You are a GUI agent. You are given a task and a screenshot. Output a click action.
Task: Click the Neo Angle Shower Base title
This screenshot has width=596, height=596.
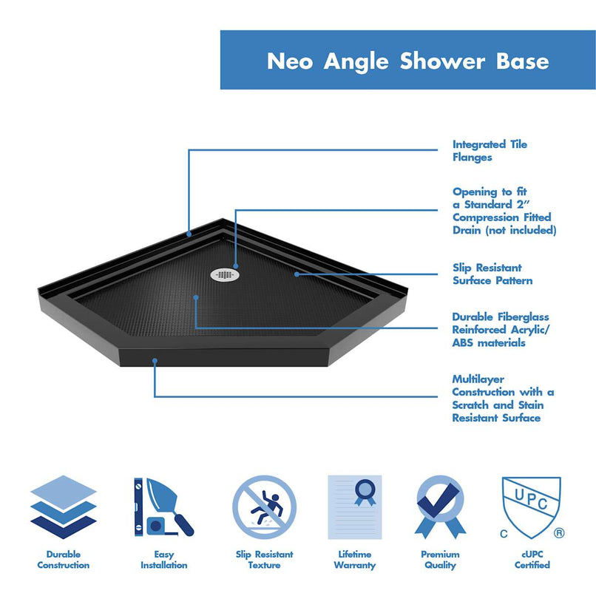[407, 61]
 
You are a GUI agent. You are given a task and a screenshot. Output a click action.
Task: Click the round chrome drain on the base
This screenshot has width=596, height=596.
[227, 274]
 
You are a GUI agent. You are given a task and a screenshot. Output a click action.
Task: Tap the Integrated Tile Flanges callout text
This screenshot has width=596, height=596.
[490, 151]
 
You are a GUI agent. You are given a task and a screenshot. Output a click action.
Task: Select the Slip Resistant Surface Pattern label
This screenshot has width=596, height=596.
[492, 274]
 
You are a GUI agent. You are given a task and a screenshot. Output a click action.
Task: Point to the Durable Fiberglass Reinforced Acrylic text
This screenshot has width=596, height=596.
[501, 330]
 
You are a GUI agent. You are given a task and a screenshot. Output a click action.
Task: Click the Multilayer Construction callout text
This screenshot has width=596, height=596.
[503, 399]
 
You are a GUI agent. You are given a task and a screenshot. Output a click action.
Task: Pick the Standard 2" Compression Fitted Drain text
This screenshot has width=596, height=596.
[504, 211]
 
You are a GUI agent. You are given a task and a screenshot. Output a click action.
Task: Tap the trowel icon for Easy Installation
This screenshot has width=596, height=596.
[163, 508]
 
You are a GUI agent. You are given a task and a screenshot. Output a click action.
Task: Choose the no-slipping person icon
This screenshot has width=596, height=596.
[264, 508]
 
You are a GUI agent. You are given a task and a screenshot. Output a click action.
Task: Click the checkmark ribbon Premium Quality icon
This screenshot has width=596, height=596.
[440, 507]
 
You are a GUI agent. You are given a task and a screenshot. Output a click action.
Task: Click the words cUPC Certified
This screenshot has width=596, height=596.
[532, 559]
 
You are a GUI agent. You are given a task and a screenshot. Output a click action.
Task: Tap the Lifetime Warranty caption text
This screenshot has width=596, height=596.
[355, 559]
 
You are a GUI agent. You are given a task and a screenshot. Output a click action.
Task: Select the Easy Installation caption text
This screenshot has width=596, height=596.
[163, 559]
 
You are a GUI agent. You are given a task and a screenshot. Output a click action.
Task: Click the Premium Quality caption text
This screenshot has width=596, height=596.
[440, 559]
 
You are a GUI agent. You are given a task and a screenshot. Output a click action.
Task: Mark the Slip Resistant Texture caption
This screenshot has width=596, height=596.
[264, 559]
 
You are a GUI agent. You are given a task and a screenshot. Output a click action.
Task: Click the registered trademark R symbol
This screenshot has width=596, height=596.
[559, 532]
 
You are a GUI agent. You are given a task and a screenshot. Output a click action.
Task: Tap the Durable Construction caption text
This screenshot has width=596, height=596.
[63, 559]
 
